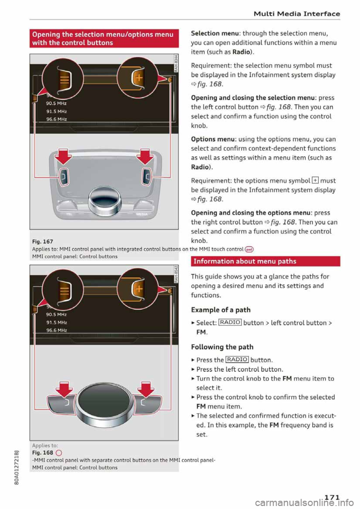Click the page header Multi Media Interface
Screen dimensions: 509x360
pyautogui.click(x=297, y=14)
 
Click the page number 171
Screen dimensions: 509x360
pyautogui.click(x=332, y=497)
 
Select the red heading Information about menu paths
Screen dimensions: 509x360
pyautogui.click(x=245, y=261)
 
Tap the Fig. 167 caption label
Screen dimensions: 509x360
pyautogui.click(x=42, y=242)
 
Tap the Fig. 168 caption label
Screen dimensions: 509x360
pyautogui.click(x=42, y=452)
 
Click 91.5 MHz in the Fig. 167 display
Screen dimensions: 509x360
pyautogui.click(x=57, y=111)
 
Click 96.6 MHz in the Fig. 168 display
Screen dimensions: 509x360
pyautogui.click(x=57, y=330)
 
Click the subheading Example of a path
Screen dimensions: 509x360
pyautogui.click(x=220, y=310)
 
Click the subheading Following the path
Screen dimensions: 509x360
pyautogui.click(x=222, y=347)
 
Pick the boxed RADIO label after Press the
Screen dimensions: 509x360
pyautogui.click(x=237, y=359)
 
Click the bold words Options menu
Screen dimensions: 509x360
pyautogui.click(x=213, y=139)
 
